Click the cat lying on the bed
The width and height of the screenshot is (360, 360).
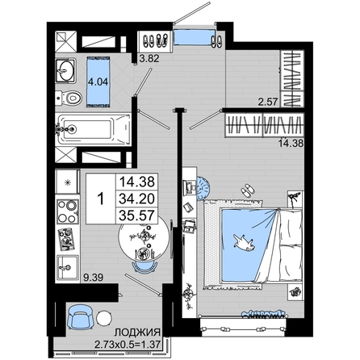click(245, 242)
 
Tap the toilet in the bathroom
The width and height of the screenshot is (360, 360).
click(69, 98)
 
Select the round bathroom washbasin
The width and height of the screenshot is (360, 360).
click(65, 71)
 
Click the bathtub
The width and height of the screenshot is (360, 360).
click(94, 130)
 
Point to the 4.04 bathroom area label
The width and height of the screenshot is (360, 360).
click(98, 82)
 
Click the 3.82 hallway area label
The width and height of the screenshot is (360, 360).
click(149, 58)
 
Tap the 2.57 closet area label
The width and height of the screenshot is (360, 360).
click(267, 102)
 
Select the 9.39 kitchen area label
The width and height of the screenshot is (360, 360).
click(93, 277)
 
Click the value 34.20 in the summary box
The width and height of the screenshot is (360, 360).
click(136, 199)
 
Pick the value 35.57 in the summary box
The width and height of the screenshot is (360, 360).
click(136, 216)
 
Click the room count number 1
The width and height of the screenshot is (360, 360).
click(101, 199)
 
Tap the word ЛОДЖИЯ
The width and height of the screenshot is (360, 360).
click(137, 333)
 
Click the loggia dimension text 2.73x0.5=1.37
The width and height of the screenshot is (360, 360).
click(128, 344)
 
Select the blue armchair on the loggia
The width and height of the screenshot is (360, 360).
click(81, 317)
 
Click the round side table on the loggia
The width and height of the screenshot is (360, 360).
click(104, 319)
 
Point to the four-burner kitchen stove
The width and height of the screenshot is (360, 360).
click(68, 211)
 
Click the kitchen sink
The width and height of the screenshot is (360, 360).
click(68, 268)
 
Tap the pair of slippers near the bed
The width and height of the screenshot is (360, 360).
click(247, 190)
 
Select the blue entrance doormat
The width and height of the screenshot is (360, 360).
click(192, 38)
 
